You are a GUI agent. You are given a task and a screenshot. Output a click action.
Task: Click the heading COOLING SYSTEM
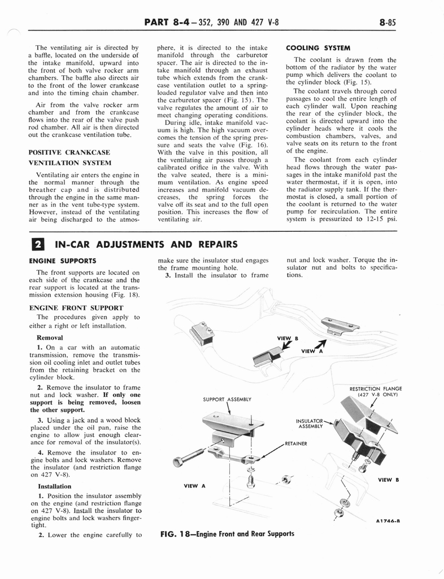coord(319,48)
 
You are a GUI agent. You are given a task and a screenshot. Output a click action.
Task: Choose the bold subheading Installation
coord(54,486)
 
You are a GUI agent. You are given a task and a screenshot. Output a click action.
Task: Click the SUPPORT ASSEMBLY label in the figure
coord(226,399)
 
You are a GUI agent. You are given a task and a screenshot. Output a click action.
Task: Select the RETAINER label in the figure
coord(296,443)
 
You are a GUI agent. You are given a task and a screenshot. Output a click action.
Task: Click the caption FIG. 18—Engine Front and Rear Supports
coord(228,533)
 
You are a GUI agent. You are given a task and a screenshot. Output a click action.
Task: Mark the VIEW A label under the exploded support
coord(195,486)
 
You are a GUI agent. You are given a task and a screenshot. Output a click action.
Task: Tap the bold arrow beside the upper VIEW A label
coord(321,344)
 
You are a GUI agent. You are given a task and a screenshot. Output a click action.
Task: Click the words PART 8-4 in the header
coord(164,22)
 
